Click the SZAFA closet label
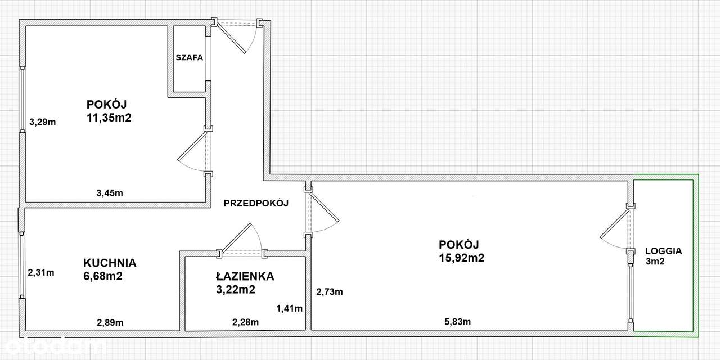188,57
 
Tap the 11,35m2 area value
109,118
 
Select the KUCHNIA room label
110,263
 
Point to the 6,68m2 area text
103,276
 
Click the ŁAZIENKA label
244,276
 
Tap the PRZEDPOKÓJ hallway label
256,204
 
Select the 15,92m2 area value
462,258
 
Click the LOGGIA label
664,251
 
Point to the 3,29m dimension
43,121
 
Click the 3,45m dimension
110,193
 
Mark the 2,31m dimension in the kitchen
41,273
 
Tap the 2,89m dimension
110,322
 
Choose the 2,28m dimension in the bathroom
245,322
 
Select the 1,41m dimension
289,308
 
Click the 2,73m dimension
329,291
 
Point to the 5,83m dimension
457,322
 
